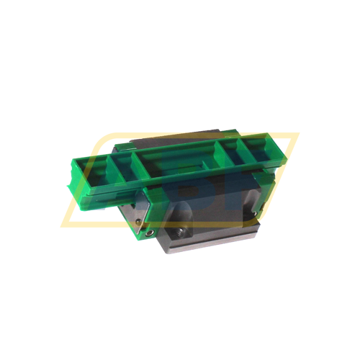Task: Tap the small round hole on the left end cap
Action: tap(148, 233)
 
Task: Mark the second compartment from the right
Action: tap(233, 153)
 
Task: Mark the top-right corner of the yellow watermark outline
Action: tap(298, 134)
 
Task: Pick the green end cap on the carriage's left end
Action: tap(140, 212)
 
